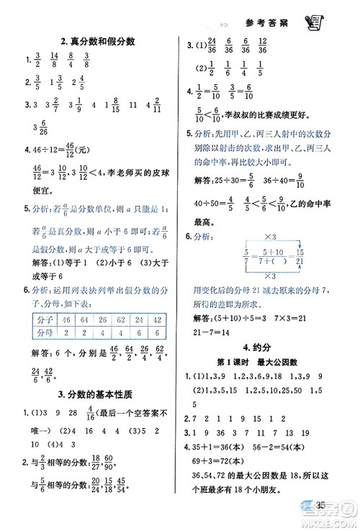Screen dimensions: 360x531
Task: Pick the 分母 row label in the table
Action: coord(42,333)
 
